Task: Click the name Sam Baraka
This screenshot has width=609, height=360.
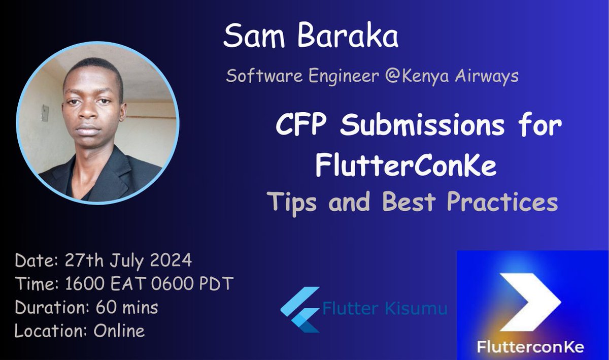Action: pyautogui.click(x=311, y=37)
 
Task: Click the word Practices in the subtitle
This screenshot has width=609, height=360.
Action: pyautogui.click(x=502, y=202)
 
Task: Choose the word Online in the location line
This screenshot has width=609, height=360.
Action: pyautogui.click(x=119, y=331)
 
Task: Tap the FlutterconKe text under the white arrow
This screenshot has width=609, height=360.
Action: pyautogui.click(x=530, y=347)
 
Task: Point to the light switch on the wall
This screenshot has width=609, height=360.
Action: pyautogui.click(x=45, y=113)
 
